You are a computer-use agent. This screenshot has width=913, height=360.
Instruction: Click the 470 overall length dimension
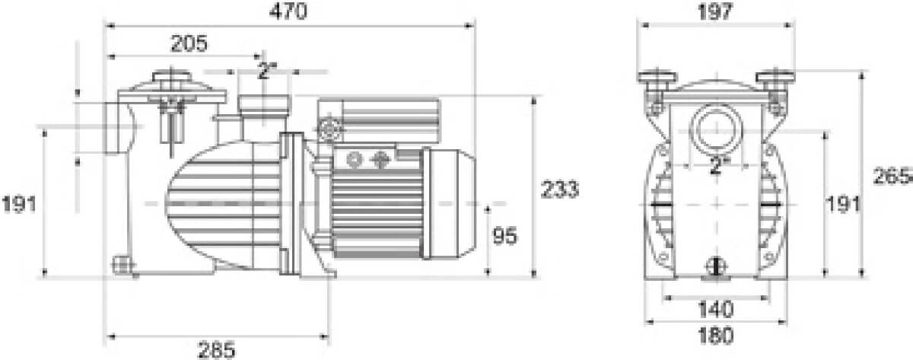(288, 11)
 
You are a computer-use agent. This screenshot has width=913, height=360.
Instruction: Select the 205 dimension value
(189, 43)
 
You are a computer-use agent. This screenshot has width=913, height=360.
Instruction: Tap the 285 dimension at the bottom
(216, 350)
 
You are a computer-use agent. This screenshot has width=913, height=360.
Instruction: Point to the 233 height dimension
(560, 189)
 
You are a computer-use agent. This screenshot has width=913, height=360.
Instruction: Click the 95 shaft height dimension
(505, 236)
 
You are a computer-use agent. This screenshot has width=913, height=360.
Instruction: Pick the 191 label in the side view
(19, 204)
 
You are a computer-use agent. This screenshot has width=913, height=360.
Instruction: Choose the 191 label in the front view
(842, 204)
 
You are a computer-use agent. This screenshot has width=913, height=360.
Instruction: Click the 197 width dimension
(715, 11)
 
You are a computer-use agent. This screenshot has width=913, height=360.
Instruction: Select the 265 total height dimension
(892, 176)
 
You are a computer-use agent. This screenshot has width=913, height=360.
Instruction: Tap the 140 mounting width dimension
(716, 310)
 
